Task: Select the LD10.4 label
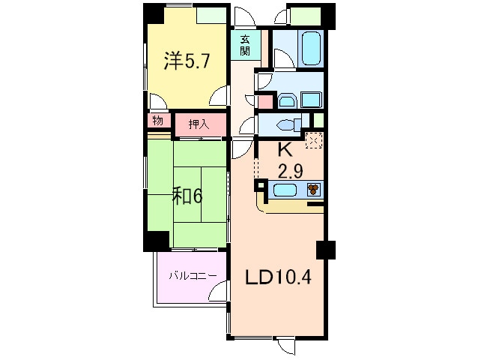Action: tap(279, 278)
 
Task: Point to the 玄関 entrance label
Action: tap(245, 46)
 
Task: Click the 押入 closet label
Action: tap(198, 124)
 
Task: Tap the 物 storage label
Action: tap(157, 121)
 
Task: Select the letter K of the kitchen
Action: tap(285, 149)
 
